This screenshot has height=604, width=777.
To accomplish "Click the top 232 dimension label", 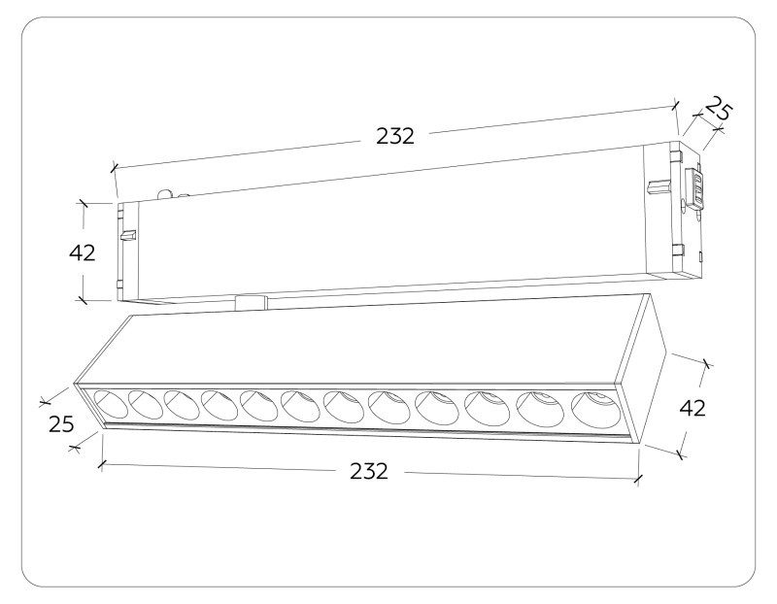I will coord(395,137).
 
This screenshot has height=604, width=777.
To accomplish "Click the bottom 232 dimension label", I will coord(369,471).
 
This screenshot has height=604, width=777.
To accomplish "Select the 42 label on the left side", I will coord(83,252).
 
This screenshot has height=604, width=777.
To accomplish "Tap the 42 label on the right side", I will coord(692,408).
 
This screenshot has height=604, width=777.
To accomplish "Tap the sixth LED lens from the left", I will coord(297,405).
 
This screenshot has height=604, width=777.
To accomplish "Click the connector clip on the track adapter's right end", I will coord(695,189).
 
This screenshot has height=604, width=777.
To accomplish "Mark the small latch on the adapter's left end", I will coord(125,233).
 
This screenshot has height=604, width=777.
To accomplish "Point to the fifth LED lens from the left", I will coord(256,404).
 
